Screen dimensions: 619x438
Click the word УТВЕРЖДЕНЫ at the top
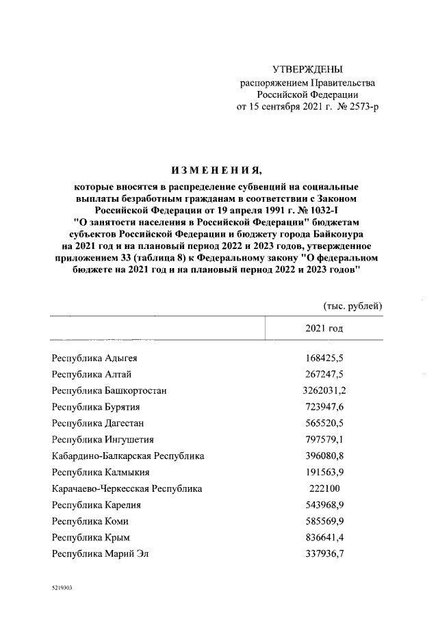point(307,70)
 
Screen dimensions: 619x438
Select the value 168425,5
point(324,357)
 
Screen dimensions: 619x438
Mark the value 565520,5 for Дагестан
point(324,423)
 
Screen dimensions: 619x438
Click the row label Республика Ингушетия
point(103,440)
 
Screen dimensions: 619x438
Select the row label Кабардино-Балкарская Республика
point(128,456)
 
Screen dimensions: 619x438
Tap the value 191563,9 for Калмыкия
point(324,473)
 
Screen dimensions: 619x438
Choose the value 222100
point(324,489)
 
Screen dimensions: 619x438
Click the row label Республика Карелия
point(96,505)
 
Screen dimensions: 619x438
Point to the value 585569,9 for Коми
point(324,522)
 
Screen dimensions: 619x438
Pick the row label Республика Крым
point(91,538)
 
